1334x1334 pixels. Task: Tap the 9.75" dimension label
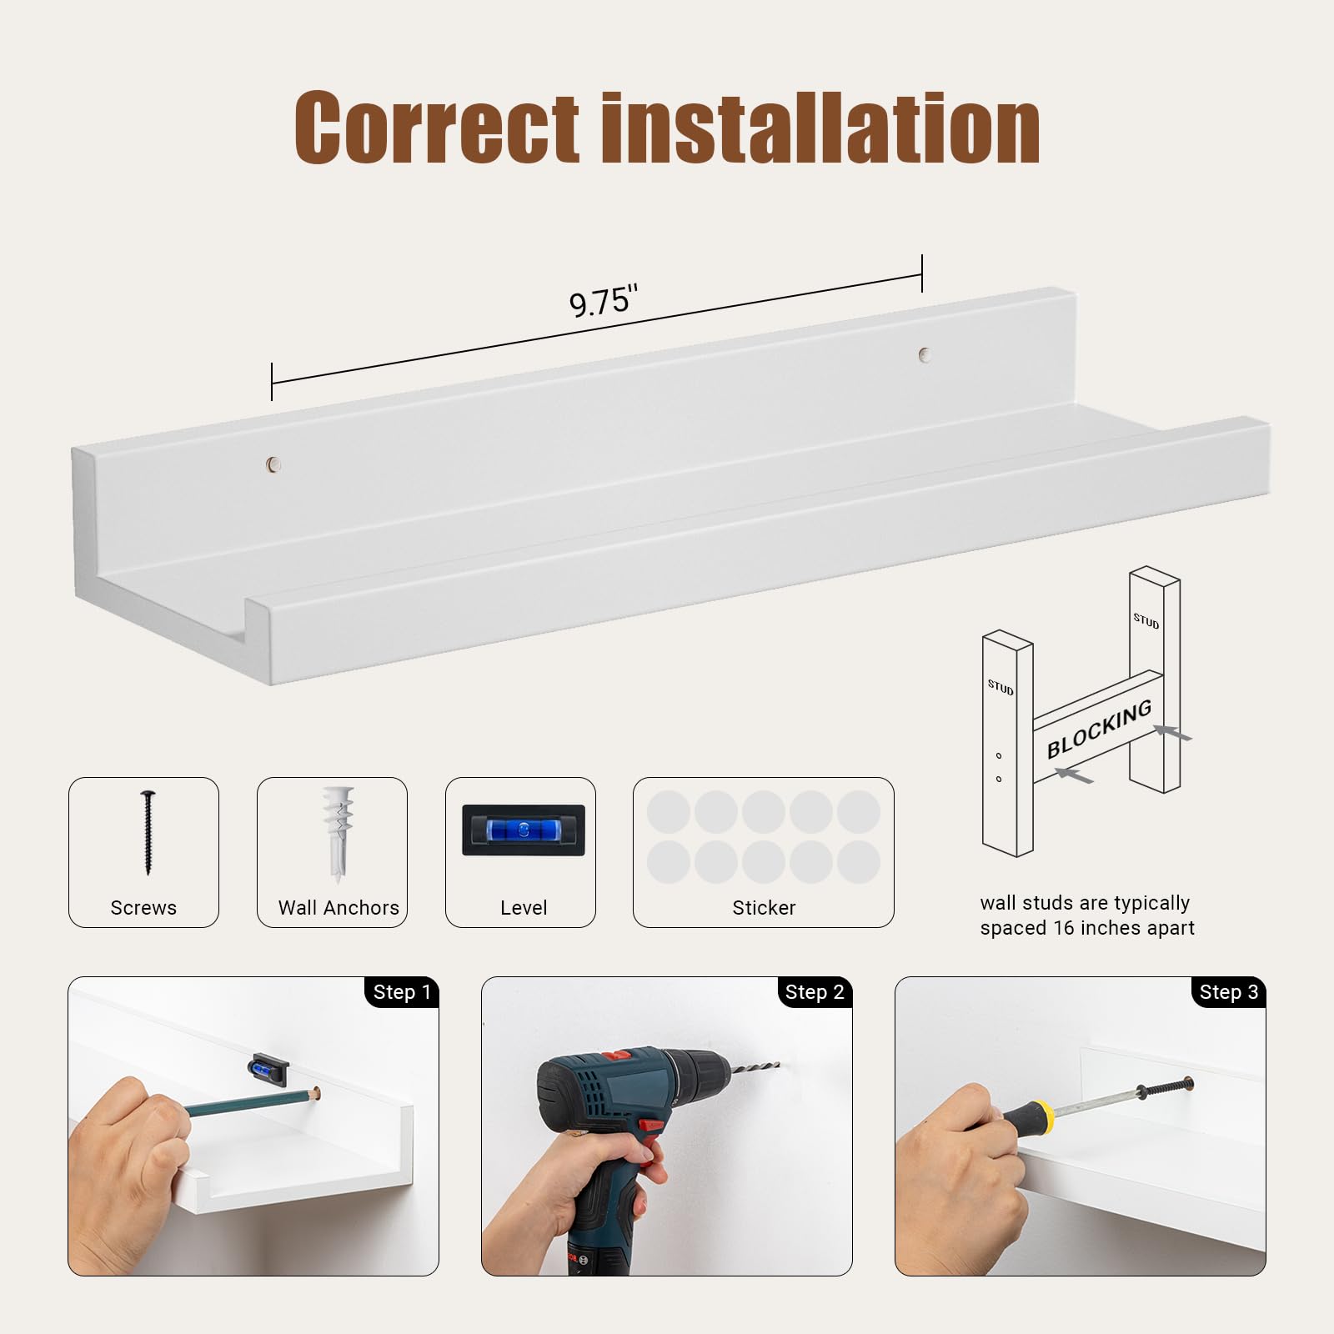click(x=604, y=301)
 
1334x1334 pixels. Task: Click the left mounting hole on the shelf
click(x=273, y=464)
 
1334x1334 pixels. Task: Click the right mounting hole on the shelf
click(x=924, y=354)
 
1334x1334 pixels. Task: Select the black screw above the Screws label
click(x=148, y=832)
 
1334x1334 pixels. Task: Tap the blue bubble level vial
click(x=524, y=830)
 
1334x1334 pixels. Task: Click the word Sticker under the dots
click(x=764, y=908)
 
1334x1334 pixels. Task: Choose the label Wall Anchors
click(x=339, y=908)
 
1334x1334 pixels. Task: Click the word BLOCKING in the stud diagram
click(x=1099, y=729)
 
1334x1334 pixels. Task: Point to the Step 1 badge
click(x=402, y=992)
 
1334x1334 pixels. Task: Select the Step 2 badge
click(x=815, y=992)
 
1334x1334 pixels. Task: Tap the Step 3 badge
click(x=1228, y=992)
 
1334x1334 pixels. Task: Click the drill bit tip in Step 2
click(x=777, y=1065)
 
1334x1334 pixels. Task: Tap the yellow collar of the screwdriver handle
click(x=1045, y=1115)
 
